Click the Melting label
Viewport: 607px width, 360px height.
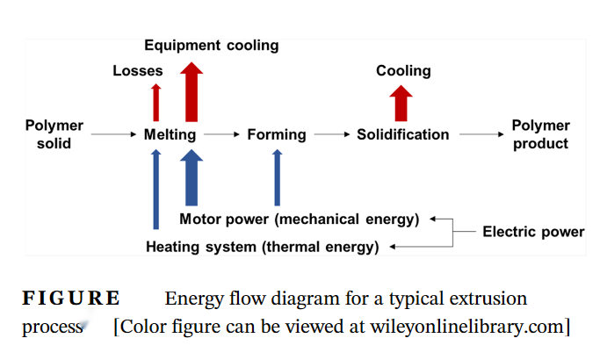[170, 134]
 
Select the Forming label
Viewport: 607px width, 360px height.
[277, 134]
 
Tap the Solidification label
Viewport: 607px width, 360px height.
[402, 134]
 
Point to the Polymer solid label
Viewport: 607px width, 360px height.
[54, 134]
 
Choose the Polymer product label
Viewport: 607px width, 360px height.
[540, 134]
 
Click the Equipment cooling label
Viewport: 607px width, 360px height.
[211, 45]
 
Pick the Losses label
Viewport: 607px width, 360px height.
[138, 71]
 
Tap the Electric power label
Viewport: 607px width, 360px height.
[533, 232]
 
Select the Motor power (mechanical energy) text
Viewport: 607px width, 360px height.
[299, 219]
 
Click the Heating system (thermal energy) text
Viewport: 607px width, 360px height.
[263, 247]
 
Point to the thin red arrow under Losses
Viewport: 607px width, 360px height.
[156, 102]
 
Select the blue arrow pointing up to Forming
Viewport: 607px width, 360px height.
[277, 177]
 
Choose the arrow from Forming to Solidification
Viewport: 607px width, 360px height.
[331, 134]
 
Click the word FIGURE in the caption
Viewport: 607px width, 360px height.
[71, 299]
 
